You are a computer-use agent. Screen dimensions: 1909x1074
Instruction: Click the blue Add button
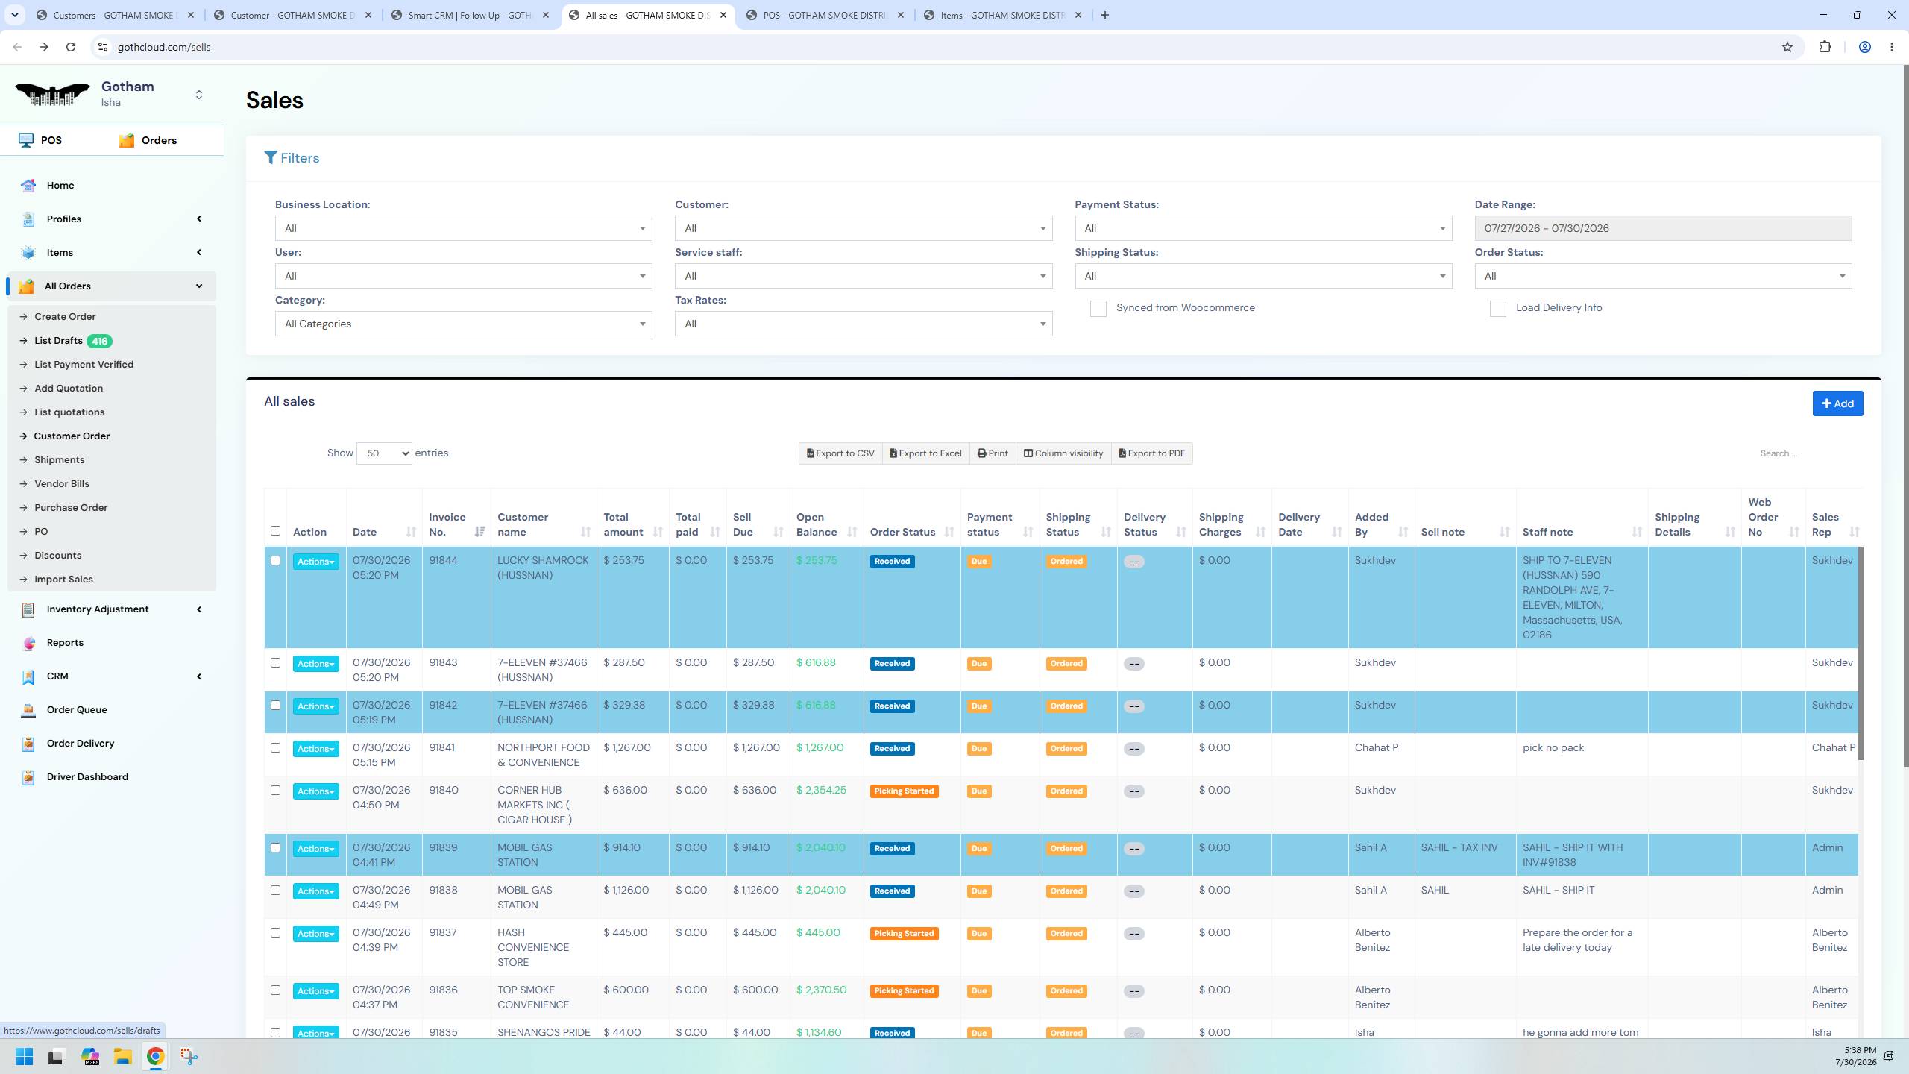(1837, 403)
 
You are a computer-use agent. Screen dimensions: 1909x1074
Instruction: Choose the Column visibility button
(1063, 453)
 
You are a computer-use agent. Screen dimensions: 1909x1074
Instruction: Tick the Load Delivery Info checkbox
(1497, 309)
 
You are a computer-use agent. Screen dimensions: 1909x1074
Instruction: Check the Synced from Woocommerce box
(1098, 309)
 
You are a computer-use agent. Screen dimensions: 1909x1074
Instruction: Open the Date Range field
(1662, 228)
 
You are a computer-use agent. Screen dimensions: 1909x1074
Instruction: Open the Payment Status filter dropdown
(1262, 228)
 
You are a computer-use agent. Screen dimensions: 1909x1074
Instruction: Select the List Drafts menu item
(58, 341)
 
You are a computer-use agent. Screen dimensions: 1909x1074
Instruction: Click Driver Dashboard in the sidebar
(87, 777)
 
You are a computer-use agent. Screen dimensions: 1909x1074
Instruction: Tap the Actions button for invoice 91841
(315, 749)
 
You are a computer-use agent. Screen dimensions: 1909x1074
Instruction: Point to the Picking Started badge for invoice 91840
(904, 791)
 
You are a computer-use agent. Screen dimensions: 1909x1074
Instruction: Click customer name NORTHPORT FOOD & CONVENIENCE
(543, 755)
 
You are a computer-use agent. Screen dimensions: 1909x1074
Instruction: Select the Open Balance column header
(817, 524)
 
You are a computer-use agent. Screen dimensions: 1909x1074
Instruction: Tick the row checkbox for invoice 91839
(275, 848)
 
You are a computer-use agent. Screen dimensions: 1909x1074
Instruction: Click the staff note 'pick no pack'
(1553, 748)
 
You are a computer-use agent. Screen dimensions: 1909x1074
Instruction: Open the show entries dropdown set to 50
(384, 453)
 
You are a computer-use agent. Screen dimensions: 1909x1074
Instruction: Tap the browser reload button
(71, 47)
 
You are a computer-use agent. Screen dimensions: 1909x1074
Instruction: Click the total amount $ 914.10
(622, 848)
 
